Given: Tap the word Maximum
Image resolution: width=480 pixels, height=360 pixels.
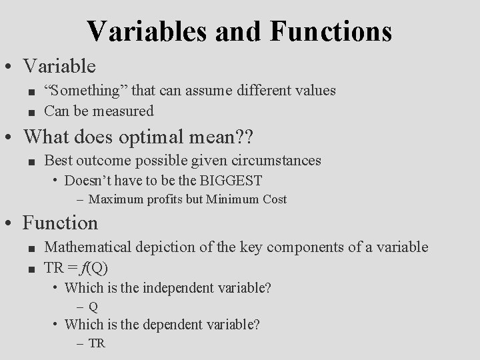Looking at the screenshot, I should click(x=114, y=199).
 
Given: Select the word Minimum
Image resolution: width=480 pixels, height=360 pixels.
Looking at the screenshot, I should click(x=231, y=199).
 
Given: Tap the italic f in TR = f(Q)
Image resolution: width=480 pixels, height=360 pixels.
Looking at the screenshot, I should click(x=102, y=267).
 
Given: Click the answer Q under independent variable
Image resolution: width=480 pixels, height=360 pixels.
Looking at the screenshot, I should click(x=93, y=307).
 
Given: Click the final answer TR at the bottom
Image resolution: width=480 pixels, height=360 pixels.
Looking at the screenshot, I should click(x=97, y=343).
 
